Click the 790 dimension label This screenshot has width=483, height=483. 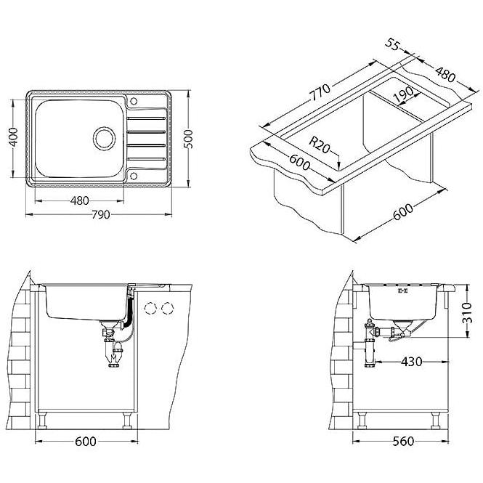(x=101, y=214)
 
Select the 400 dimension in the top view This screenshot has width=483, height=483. (x=13, y=137)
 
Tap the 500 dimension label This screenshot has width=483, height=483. (x=188, y=139)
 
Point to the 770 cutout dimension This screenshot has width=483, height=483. (x=320, y=92)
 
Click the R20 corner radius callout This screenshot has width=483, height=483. (x=319, y=145)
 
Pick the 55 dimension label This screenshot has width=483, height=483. (x=392, y=44)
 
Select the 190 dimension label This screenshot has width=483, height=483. (x=404, y=94)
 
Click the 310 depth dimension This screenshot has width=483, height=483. (x=467, y=313)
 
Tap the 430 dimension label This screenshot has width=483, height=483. (x=412, y=362)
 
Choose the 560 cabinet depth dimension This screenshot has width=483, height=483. (x=403, y=442)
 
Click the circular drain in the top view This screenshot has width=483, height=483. (x=104, y=138)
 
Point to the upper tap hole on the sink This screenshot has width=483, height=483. (x=134, y=101)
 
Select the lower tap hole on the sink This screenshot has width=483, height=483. (x=134, y=176)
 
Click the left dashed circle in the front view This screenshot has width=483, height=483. (x=150, y=308)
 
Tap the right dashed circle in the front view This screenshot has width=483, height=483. (x=167, y=308)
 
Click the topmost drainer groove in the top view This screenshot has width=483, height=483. (x=146, y=118)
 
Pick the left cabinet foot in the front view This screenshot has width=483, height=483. (x=42, y=421)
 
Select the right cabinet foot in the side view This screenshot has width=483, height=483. (x=436, y=421)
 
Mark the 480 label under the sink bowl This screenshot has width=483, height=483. (x=79, y=201)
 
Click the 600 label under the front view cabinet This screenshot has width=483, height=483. (x=86, y=442)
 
